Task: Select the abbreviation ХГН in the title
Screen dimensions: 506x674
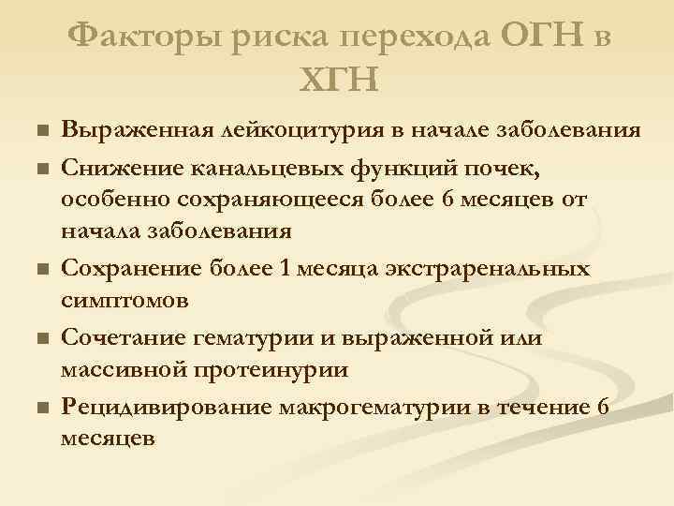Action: [x=338, y=81]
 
